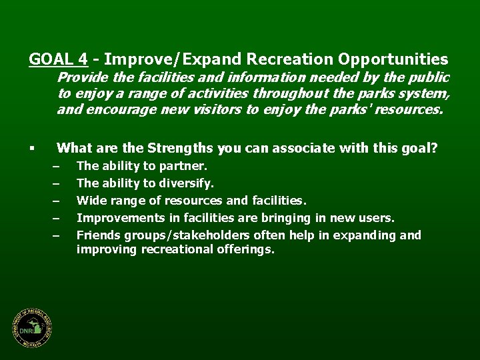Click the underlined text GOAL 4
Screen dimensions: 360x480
click(x=59, y=59)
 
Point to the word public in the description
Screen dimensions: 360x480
click(x=429, y=78)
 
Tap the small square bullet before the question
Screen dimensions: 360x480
click(x=31, y=148)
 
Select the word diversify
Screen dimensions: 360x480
click(x=189, y=183)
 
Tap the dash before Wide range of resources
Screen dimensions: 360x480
click(x=57, y=200)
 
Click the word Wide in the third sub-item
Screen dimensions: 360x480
click(x=90, y=200)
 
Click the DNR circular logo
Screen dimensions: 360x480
click(x=31, y=329)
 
